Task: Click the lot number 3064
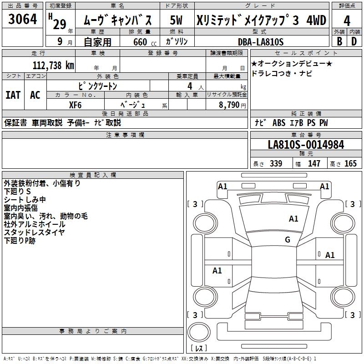[x=23, y=20]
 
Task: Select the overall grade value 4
[x=347, y=20]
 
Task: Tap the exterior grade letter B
[x=339, y=41]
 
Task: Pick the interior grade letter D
[x=354, y=41]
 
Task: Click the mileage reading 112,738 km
[x=53, y=65]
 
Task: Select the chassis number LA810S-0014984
[x=306, y=145]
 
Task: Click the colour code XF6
[x=76, y=104]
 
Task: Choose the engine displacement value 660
[x=140, y=42]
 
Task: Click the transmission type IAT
[x=13, y=95]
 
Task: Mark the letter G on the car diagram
[x=288, y=240]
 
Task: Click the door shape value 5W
[x=177, y=20]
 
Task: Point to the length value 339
[x=276, y=164]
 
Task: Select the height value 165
[x=350, y=164]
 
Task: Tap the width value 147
[x=314, y=164]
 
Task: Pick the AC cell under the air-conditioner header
[x=35, y=95]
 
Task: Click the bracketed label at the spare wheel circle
[x=198, y=349]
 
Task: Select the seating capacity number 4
[x=189, y=86]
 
